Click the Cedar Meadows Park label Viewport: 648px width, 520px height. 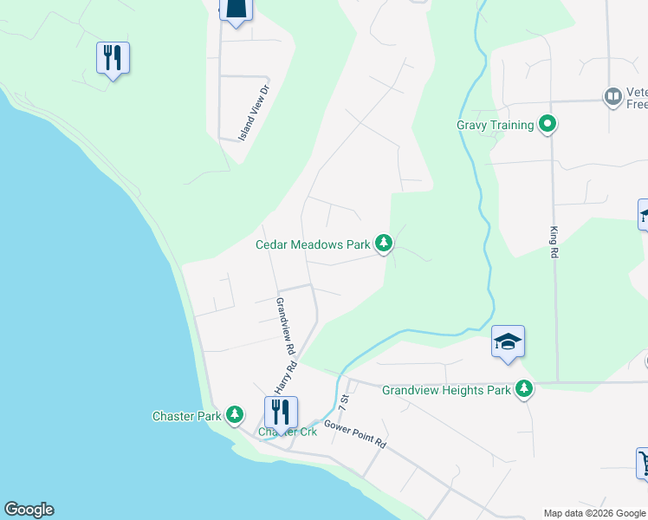tap(313, 244)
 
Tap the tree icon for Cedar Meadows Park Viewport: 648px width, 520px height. tap(384, 244)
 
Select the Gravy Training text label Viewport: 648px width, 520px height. tap(495, 126)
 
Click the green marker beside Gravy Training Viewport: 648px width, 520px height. tap(547, 126)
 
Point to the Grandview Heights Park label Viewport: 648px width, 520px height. tap(446, 390)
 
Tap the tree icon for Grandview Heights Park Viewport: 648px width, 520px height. tap(523, 390)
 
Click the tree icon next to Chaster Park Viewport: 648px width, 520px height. tap(234, 416)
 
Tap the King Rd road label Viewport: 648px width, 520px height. tap(554, 243)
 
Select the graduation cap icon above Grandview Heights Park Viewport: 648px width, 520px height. tap(508, 341)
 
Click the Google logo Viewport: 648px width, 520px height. tap(29, 510)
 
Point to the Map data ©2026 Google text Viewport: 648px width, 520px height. tap(594, 513)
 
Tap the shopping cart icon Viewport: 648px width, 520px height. tap(643, 461)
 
